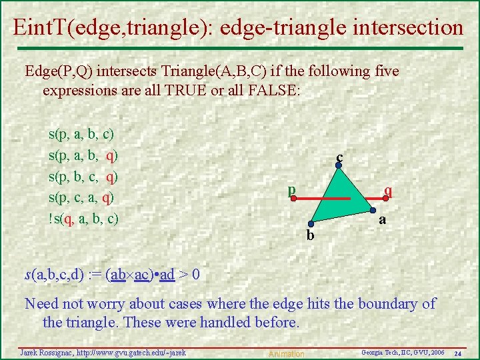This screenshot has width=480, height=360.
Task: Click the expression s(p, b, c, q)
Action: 84,177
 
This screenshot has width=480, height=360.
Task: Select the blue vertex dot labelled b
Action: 310,225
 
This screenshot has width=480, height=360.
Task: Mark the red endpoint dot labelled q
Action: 385,199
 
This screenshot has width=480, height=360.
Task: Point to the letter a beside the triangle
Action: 382,219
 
